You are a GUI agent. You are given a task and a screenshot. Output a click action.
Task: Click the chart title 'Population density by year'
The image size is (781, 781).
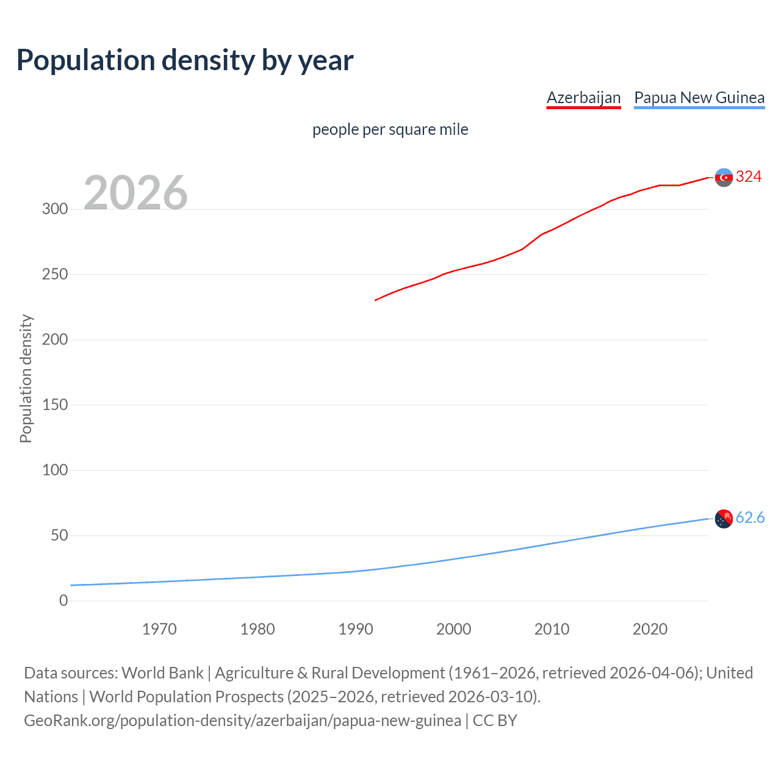point(185,60)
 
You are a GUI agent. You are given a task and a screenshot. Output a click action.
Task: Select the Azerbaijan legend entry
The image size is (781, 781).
point(583,98)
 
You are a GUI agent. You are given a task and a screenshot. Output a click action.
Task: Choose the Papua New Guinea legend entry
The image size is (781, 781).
point(699,98)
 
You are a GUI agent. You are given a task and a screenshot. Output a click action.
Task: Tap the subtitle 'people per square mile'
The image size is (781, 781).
point(390,129)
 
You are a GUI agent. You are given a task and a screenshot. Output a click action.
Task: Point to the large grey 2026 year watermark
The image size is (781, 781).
point(135,193)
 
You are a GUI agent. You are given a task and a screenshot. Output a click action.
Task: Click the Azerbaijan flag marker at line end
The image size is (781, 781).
point(724,178)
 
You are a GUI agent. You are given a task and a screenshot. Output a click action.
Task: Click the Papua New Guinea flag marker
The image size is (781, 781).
point(724,519)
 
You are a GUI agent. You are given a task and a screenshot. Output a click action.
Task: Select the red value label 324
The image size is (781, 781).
point(749,177)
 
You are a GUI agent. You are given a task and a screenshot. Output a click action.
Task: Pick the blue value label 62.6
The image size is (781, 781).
point(750,518)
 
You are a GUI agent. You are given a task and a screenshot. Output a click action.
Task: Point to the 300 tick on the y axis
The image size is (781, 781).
point(55,209)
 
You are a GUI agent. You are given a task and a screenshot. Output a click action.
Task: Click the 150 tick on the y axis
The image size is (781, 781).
point(55,405)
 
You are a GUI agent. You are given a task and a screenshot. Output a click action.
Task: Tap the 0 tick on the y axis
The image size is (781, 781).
point(63,601)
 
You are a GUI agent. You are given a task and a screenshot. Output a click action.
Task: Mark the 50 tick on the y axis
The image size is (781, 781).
point(59,536)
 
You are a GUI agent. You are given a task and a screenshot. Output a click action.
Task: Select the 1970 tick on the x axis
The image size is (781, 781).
point(159,629)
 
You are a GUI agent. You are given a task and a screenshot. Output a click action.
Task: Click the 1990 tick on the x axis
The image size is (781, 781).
point(356,629)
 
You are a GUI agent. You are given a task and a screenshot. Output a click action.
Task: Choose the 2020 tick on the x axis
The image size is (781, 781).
point(650,629)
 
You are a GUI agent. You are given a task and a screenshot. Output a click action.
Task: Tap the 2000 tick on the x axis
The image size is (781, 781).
point(454,629)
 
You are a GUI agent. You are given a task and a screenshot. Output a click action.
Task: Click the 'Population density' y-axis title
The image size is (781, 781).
point(26,378)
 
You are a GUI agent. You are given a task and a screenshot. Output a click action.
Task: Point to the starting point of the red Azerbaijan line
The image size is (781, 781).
point(375,300)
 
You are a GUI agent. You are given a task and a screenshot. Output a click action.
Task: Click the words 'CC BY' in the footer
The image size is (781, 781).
point(495,721)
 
